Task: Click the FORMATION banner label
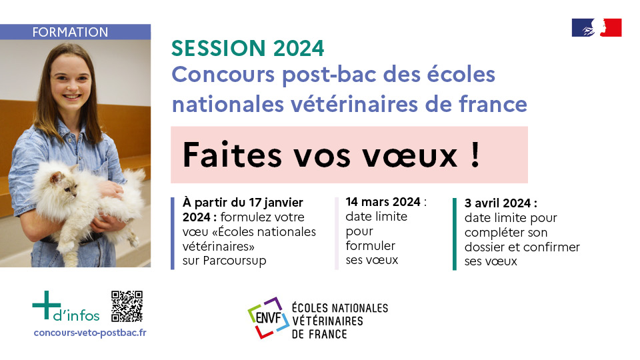pyautogui.click(x=70, y=32)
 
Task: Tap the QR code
pyautogui.click(x=127, y=306)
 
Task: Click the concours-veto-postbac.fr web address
pyautogui.click(x=90, y=333)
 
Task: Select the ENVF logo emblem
pyautogui.click(x=269, y=317)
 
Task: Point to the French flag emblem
pyautogui.click(x=597, y=28)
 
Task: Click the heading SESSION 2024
pyautogui.click(x=248, y=48)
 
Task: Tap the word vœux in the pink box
pyautogui.click(x=410, y=155)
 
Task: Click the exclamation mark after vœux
pyautogui.click(x=475, y=154)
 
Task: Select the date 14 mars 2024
pyautogui.click(x=383, y=201)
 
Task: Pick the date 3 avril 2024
pyautogui.click(x=497, y=203)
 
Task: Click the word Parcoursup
pyautogui.click(x=235, y=261)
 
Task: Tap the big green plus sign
pyautogui.click(x=47, y=305)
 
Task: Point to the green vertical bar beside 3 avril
pyautogui.click(x=455, y=234)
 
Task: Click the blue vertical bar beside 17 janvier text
pyautogui.click(x=173, y=233)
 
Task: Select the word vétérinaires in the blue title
pyautogui.click(x=354, y=104)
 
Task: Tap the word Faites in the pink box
pyautogui.click(x=232, y=155)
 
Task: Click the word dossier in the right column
pyautogui.click(x=485, y=247)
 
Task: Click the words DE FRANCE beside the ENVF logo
pyautogui.click(x=319, y=334)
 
